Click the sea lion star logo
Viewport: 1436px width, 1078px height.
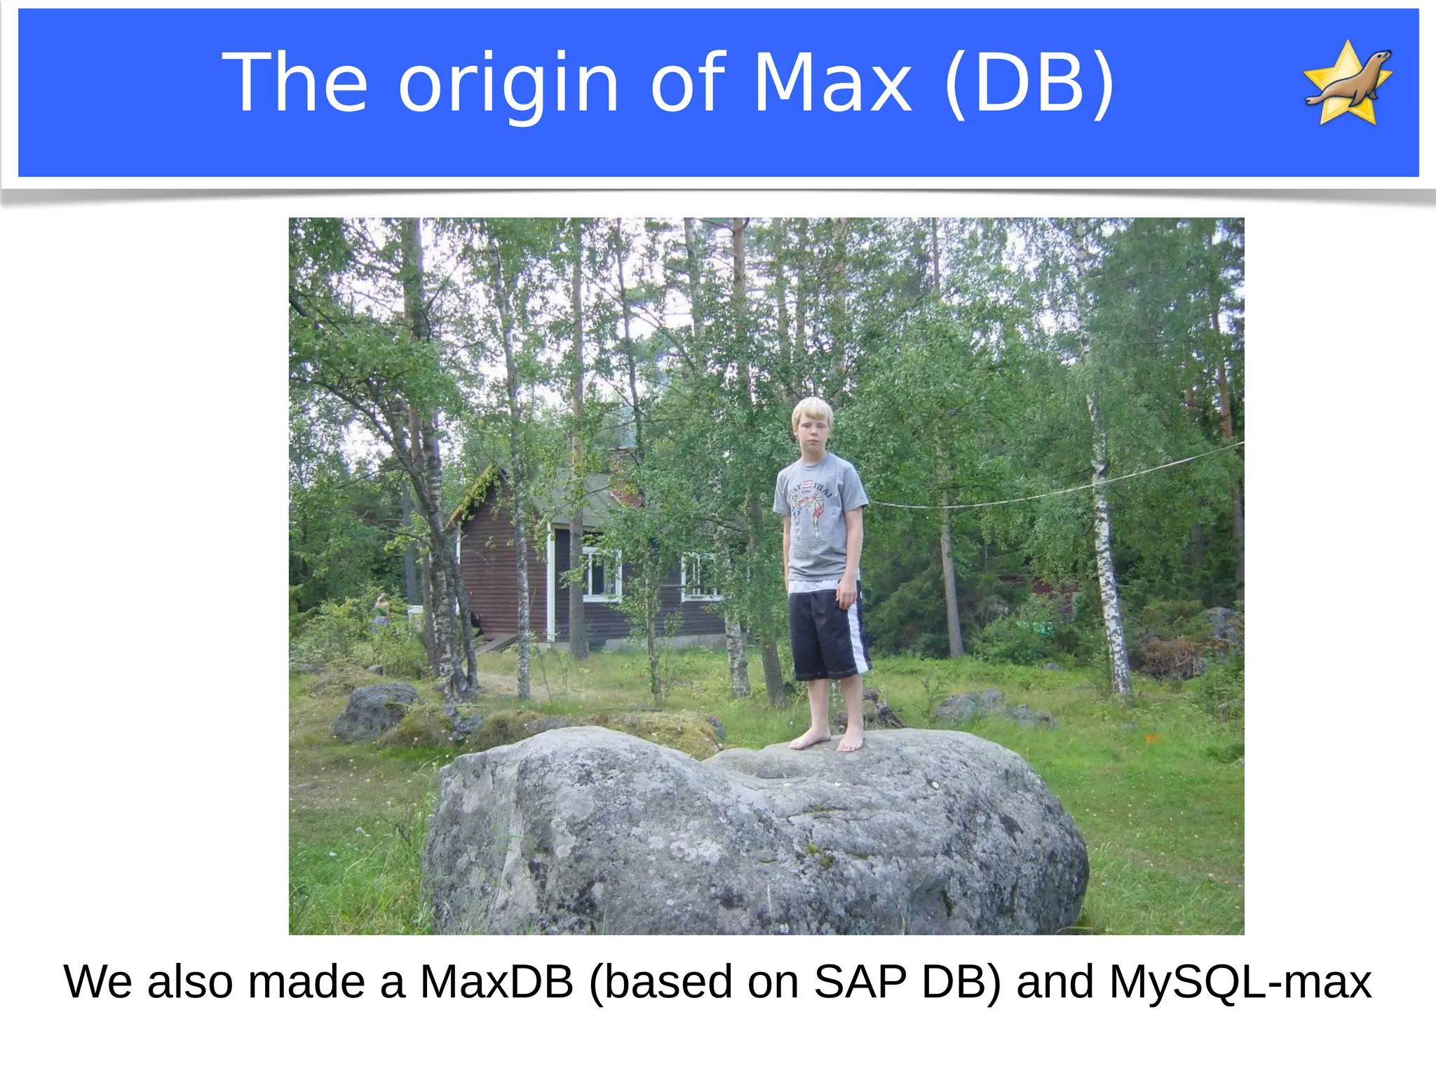[1348, 83]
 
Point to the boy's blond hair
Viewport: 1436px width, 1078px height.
[812, 414]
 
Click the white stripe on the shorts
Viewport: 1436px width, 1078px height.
[857, 635]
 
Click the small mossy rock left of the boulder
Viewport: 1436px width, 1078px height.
[374, 710]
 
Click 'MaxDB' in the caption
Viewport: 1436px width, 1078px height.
[496, 982]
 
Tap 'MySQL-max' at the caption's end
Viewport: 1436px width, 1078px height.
[1240, 982]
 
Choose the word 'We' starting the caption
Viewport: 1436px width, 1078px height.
[97, 982]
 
